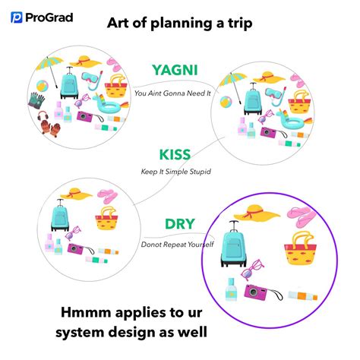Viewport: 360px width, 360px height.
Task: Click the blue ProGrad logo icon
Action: pos(17,17)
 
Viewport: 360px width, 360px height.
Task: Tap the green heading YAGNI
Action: pos(175,70)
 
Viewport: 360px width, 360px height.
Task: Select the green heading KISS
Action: pos(175,155)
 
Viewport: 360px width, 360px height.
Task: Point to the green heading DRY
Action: pos(180,224)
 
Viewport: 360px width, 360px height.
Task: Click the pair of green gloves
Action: pos(36,100)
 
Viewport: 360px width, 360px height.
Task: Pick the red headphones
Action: pos(43,115)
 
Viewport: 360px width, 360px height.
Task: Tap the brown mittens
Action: pos(51,128)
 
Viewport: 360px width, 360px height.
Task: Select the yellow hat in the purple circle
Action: pos(257,213)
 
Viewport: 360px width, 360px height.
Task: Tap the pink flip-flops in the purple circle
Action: pos(302,217)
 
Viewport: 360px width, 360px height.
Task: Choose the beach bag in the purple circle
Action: pos(300,248)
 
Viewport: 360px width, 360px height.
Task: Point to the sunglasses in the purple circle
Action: pos(251,270)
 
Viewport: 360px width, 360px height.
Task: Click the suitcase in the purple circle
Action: pos(234,244)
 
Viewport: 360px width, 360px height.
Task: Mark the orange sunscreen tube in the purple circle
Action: pos(303,295)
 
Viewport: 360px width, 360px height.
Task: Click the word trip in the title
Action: pos(240,24)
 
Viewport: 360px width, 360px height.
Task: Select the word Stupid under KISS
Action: pos(200,172)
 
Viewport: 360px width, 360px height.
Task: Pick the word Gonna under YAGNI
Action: pos(175,93)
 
